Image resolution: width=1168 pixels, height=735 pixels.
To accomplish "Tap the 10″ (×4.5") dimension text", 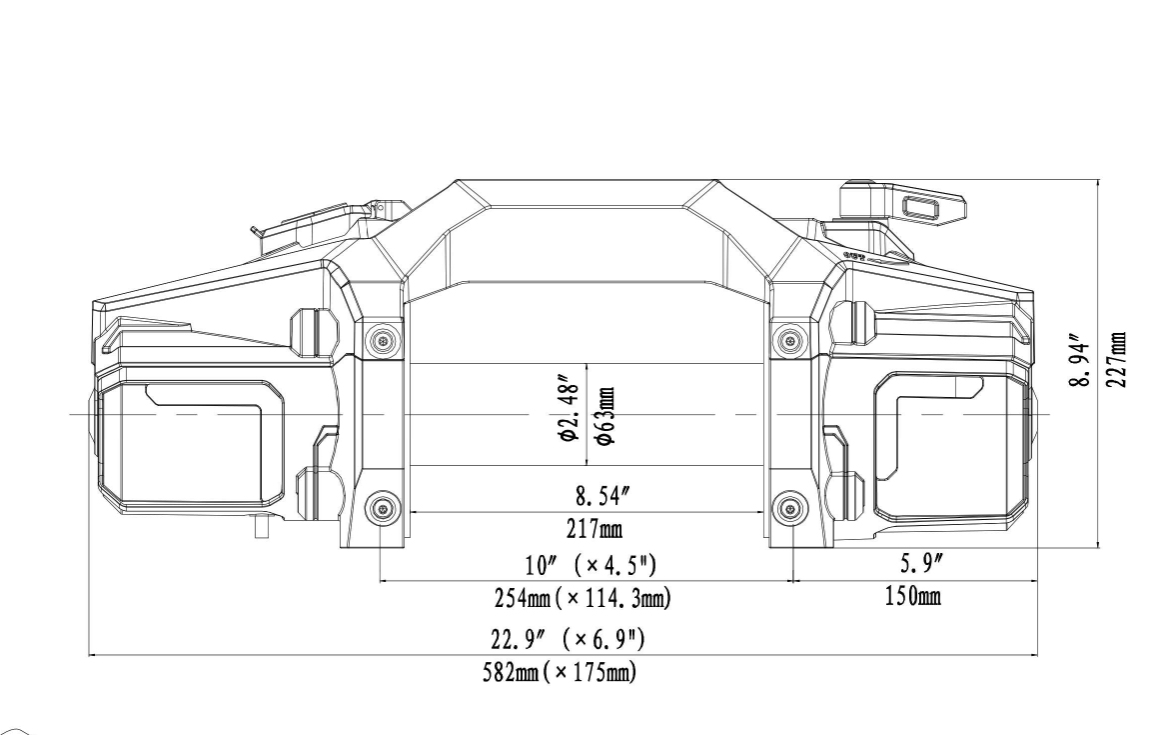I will (584, 565).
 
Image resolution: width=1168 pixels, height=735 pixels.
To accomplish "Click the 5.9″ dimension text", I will (914, 565).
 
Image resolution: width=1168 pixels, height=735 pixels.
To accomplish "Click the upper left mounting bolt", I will (382, 342).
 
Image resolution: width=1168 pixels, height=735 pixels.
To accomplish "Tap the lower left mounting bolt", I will (382, 511).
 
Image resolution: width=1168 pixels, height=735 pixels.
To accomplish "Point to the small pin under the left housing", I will (262, 526).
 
